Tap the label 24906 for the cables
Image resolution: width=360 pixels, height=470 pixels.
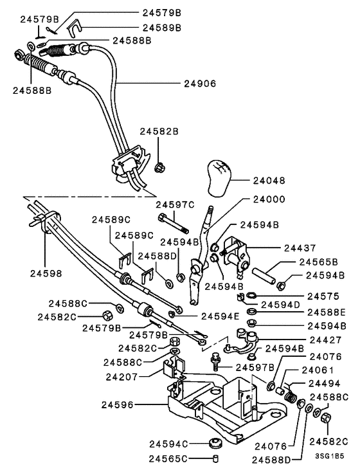(x=200, y=84)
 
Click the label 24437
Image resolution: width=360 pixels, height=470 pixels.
(x=299, y=248)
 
